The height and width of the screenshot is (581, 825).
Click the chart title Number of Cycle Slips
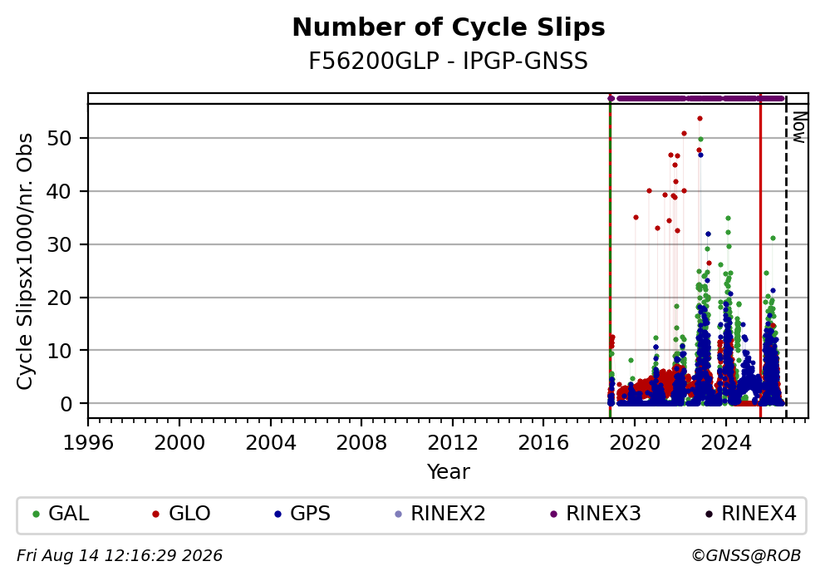tap(449, 27)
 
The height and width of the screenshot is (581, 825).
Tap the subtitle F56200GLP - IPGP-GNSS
tap(449, 62)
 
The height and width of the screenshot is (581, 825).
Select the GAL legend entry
tap(61, 514)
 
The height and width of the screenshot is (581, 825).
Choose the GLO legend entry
tap(181, 514)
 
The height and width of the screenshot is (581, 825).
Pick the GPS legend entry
tap(302, 514)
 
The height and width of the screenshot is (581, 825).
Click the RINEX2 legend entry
tap(440, 514)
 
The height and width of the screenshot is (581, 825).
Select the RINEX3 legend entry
tap(595, 514)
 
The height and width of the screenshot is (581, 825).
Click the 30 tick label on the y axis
tap(60, 244)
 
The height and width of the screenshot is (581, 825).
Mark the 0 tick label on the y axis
tap(66, 404)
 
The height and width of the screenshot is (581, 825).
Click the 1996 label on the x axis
tap(88, 443)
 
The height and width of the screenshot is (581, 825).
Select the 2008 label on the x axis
tap(361, 443)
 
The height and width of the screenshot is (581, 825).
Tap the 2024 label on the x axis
tap(725, 443)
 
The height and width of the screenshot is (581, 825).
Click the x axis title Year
tap(449, 471)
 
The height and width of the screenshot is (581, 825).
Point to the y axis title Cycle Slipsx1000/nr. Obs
tap(25, 262)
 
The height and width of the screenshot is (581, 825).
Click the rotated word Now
tap(798, 127)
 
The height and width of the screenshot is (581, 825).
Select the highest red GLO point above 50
tap(700, 119)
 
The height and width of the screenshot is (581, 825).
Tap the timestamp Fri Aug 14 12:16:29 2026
tap(120, 556)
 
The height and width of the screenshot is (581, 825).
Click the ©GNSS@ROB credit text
tap(746, 556)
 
